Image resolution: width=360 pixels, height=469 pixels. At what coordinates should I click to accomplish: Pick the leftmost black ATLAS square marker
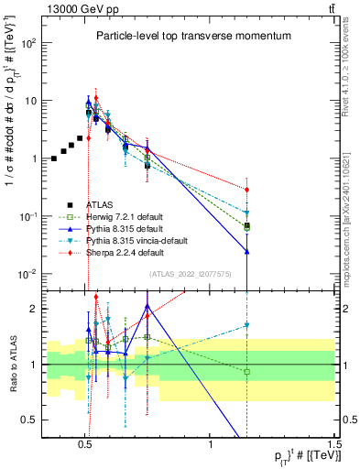click(54, 158)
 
